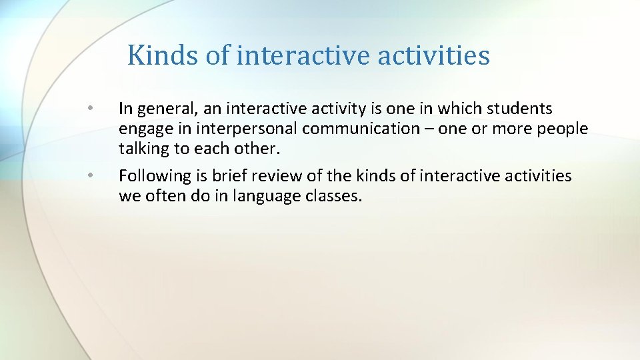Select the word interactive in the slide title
(303, 55)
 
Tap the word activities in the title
(433, 55)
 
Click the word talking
(143, 149)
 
